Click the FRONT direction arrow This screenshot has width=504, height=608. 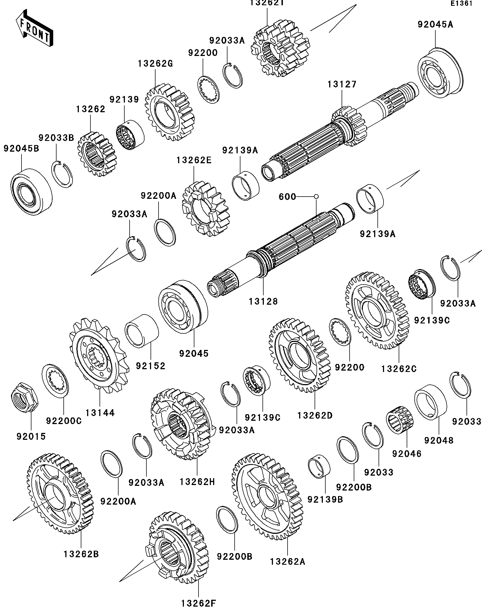pos(34,28)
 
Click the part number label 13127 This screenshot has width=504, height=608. pos(342,85)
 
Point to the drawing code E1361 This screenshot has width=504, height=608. pos(462,4)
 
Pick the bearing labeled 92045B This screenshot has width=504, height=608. pos(31,191)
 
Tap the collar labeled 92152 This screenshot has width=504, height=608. pos(142,331)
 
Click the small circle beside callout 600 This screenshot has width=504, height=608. pos(317,197)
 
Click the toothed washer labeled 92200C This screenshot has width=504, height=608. pos(56,381)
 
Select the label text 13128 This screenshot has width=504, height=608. pos(263,301)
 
